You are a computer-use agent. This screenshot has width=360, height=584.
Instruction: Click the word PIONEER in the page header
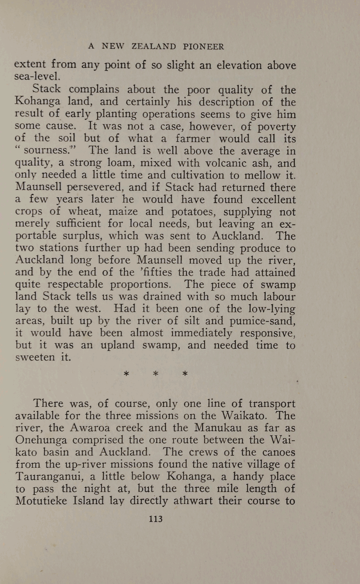[x=203, y=47]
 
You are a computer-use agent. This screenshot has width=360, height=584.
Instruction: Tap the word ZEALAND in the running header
[x=154, y=47]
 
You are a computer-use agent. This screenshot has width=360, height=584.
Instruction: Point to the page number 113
[x=155, y=519]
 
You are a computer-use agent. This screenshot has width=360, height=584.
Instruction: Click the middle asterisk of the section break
[x=156, y=374]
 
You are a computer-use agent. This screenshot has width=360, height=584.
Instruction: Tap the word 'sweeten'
[x=35, y=357]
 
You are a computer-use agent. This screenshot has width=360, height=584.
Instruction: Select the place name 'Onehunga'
[x=41, y=440]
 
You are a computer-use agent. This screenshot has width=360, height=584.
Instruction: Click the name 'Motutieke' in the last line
[x=41, y=501]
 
